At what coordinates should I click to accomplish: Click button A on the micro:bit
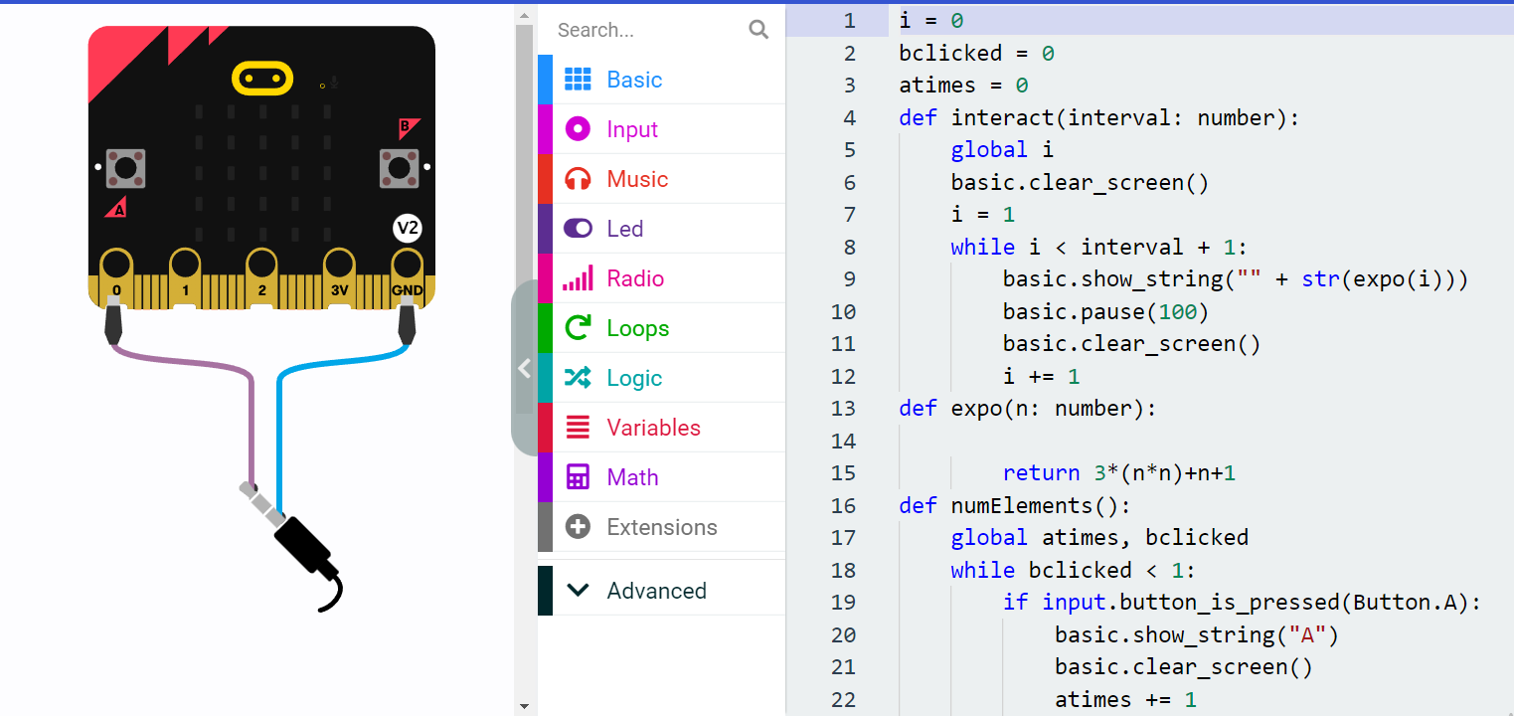(x=125, y=168)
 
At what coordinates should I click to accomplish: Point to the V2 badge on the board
(x=408, y=229)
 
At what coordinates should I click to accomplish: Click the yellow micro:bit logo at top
(x=262, y=78)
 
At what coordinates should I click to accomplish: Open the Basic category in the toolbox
(x=634, y=80)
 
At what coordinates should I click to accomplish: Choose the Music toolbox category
(x=637, y=179)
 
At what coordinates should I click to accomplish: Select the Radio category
(x=635, y=278)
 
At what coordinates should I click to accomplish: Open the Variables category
(x=653, y=428)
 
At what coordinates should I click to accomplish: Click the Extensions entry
(x=661, y=527)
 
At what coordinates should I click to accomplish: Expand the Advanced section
(x=656, y=591)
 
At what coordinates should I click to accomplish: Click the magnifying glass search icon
(x=758, y=30)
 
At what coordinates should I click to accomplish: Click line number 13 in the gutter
(x=843, y=409)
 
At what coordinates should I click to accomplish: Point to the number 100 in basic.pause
(x=1177, y=312)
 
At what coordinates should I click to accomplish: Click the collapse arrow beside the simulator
(x=524, y=368)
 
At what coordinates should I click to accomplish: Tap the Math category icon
(x=578, y=477)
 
